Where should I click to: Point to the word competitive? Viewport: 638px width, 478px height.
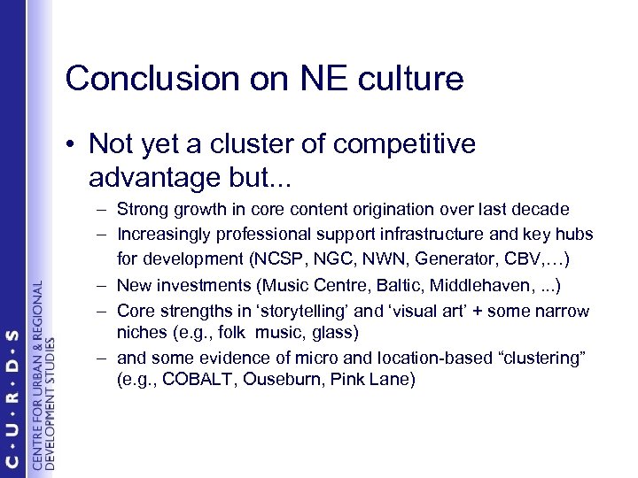[408, 143]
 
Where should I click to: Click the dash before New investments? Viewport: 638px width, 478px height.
[104, 287]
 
